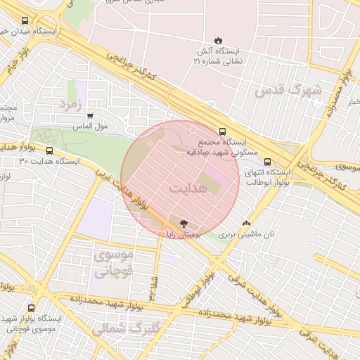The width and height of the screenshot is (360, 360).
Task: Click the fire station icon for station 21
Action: [218, 40]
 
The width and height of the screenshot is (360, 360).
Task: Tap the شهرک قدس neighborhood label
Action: [288, 90]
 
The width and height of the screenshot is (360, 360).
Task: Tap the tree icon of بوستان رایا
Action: [184, 224]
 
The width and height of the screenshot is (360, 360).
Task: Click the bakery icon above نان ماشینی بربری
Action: [246, 224]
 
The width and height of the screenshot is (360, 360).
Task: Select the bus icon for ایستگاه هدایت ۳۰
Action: [49, 150]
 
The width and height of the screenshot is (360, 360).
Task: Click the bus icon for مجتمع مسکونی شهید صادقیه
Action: [223, 131]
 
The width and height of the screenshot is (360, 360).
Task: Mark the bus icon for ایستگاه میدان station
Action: [26, 21]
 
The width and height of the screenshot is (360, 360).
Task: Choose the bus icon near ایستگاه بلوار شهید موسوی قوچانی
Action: [30, 308]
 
